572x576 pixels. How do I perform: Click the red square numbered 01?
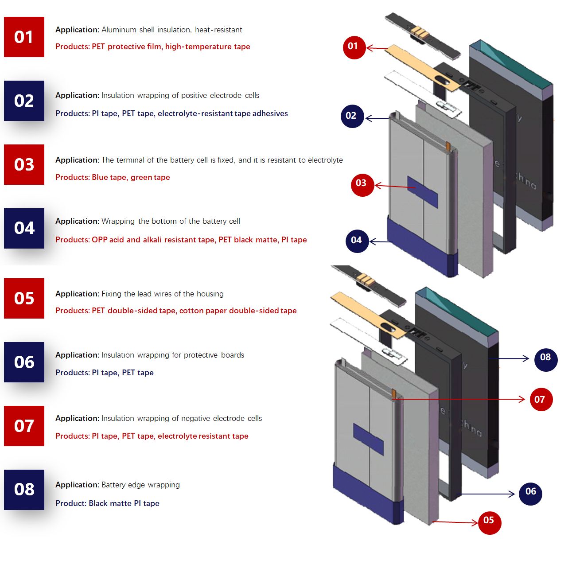pyautogui.click(x=24, y=37)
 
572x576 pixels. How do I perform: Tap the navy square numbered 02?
pyautogui.click(x=24, y=101)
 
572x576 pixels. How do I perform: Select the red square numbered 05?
pyautogui.click(x=24, y=298)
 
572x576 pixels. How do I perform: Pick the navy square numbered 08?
pyautogui.click(x=24, y=490)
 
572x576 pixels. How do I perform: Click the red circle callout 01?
pyautogui.click(x=354, y=47)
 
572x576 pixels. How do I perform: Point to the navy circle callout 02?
pyautogui.click(x=352, y=116)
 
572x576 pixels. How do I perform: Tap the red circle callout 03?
pyautogui.click(x=362, y=184)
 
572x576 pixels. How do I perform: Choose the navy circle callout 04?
pyautogui.click(x=357, y=241)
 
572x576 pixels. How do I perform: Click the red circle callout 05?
pyautogui.click(x=490, y=523)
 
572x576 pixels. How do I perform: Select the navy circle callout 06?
pyautogui.click(x=531, y=494)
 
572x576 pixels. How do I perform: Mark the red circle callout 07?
pyautogui.click(x=541, y=400)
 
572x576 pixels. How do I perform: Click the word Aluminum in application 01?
pyautogui.click(x=119, y=30)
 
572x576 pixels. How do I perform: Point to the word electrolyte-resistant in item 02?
pyautogui.click(x=195, y=113)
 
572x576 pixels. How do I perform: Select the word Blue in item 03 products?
pyautogui.click(x=100, y=177)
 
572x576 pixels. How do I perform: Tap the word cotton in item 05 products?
pyautogui.click(x=191, y=311)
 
